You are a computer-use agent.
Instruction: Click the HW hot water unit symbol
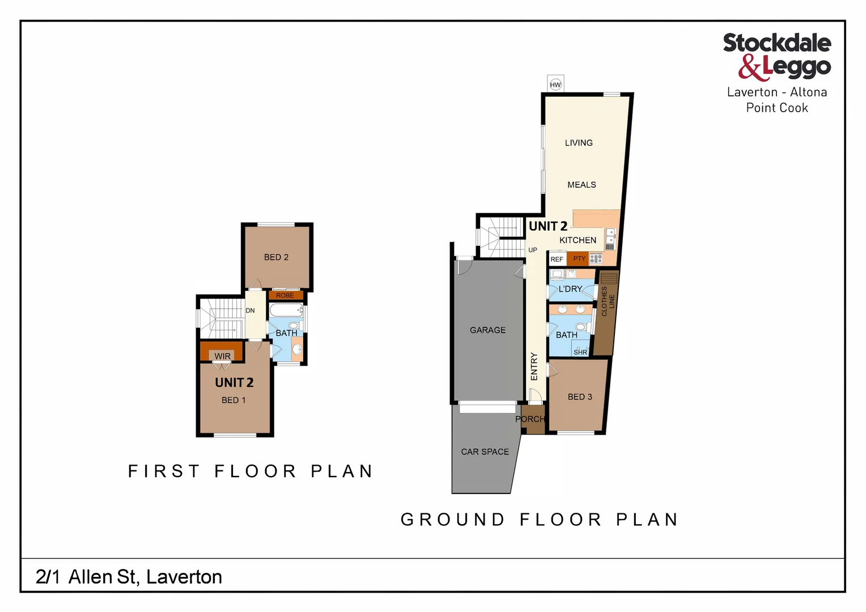coord(555,84)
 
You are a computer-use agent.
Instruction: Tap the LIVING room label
coord(579,143)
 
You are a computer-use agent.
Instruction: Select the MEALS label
coord(581,185)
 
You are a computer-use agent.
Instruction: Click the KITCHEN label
coord(578,240)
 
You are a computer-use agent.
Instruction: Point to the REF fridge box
coord(557,260)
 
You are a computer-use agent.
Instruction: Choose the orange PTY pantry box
coord(579,259)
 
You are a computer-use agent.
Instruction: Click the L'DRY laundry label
coord(570,289)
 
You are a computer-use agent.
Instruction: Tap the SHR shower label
coord(580,352)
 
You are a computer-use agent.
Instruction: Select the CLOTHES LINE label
coord(608,301)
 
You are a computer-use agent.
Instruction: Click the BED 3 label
coord(580,397)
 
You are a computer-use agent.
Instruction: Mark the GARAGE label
coord(487,330)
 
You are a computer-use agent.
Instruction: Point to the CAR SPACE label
coord(485,452)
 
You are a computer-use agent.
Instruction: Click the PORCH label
coord(530,419)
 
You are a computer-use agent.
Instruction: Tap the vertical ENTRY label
coord(534,366)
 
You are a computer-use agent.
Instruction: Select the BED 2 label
coord(276,257)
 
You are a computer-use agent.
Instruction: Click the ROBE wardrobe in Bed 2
coord(285,295)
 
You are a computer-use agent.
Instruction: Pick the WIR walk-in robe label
coord(222,356)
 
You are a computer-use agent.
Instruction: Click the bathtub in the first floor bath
coord(286,311)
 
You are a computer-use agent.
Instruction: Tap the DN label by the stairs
coord(250,311)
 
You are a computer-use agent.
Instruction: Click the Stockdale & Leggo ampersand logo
coord(750,67)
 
